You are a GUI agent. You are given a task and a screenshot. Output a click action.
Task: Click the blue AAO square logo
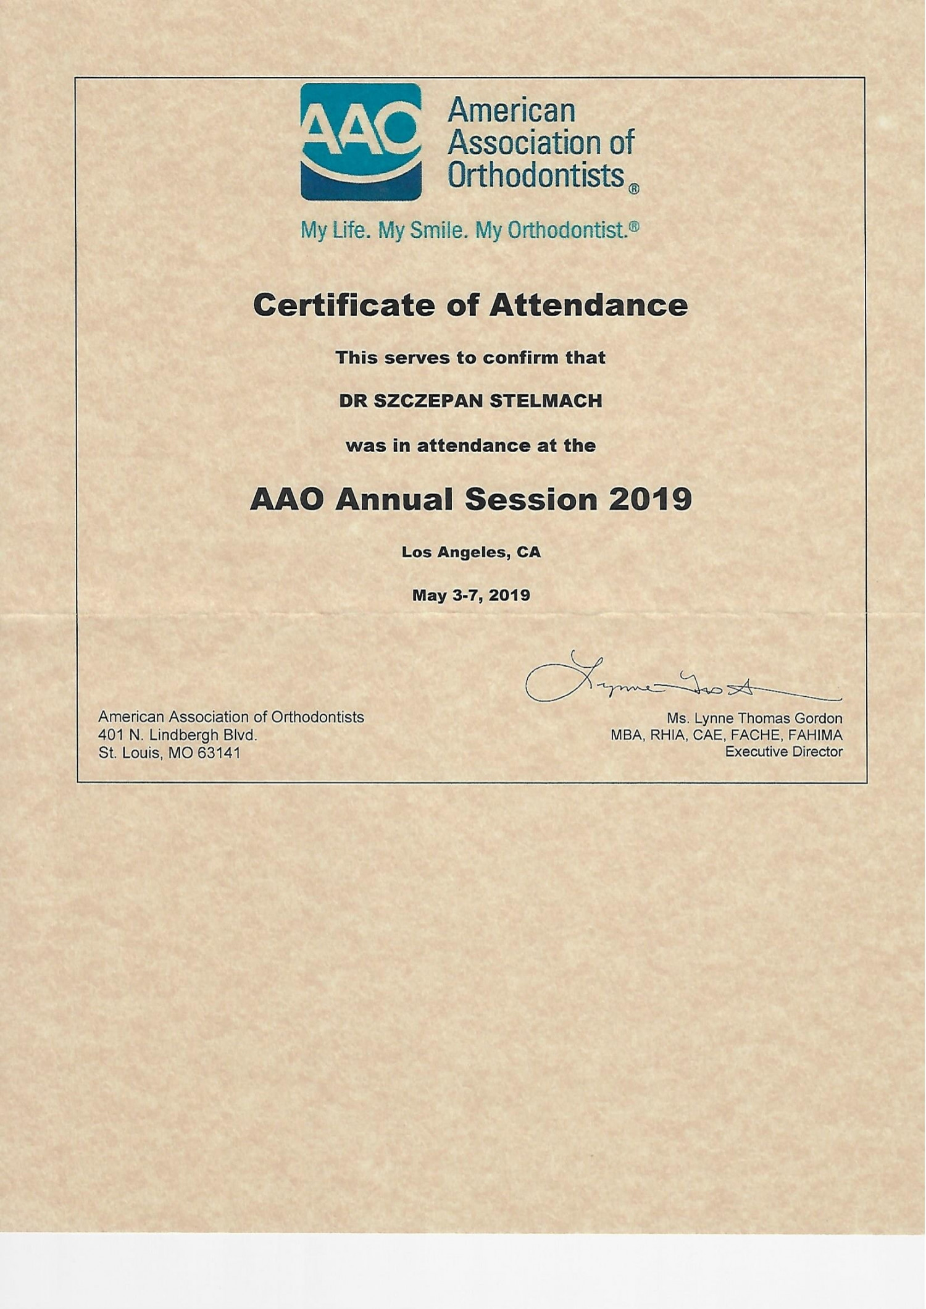[361, 141]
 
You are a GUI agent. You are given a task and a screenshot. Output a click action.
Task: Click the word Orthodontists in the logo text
[536, 175]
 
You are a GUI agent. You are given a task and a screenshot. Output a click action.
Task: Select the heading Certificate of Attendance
[470, 305]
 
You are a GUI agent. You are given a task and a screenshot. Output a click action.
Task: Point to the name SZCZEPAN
[428, 401]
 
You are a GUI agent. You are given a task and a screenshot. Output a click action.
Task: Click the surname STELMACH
[546, 401]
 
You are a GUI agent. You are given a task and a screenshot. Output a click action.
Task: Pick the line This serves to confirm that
[470, 358]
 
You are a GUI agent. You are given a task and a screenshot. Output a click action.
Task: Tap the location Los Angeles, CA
[470, 552]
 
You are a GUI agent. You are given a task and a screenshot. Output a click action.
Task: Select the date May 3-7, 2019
[470, 596]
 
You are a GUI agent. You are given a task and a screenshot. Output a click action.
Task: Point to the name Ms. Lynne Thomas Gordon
[754, 718]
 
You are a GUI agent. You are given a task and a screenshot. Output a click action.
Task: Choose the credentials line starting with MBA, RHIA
[726, 735]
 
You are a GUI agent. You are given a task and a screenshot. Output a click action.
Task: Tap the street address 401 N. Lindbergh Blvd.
[177, 735]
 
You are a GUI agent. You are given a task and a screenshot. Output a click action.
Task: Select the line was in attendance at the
[470, 445]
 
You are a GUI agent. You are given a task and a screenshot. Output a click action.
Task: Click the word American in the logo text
[511, 111]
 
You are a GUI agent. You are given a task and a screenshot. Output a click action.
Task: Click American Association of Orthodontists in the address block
[231, 717]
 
